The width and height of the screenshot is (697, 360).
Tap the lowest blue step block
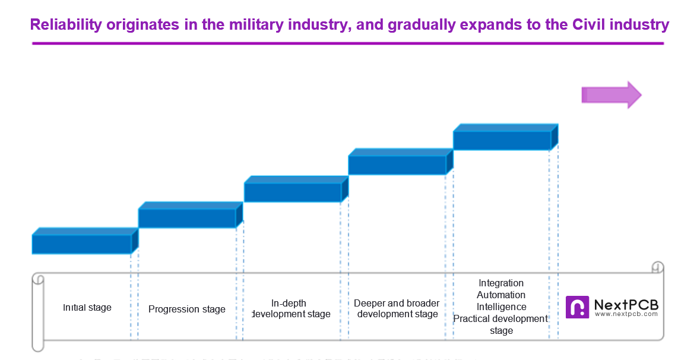tap(82, 244)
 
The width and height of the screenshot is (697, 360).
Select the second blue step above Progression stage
tap(188, 218)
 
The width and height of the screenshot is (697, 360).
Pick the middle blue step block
tap(293, 192)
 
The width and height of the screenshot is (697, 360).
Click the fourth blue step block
tap(397, 165)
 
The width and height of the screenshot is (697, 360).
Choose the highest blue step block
tap(502, 140)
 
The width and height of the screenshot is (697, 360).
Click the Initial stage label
tap(87, 308)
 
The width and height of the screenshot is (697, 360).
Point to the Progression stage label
tap(187, 309)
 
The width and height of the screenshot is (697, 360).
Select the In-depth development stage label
tap(291, 309)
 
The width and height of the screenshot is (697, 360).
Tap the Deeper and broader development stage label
tap(397, 309)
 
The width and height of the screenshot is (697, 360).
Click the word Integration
tap(501, 283)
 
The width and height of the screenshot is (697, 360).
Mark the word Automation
tap(501, 295)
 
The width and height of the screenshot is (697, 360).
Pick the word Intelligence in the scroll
tap(501, 307)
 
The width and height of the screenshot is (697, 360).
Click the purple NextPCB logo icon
tap(577, 307)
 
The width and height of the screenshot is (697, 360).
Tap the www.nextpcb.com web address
tap(626, 314)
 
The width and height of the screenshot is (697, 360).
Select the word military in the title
tap(254, 25)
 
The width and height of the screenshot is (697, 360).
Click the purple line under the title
tap(350, 43)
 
